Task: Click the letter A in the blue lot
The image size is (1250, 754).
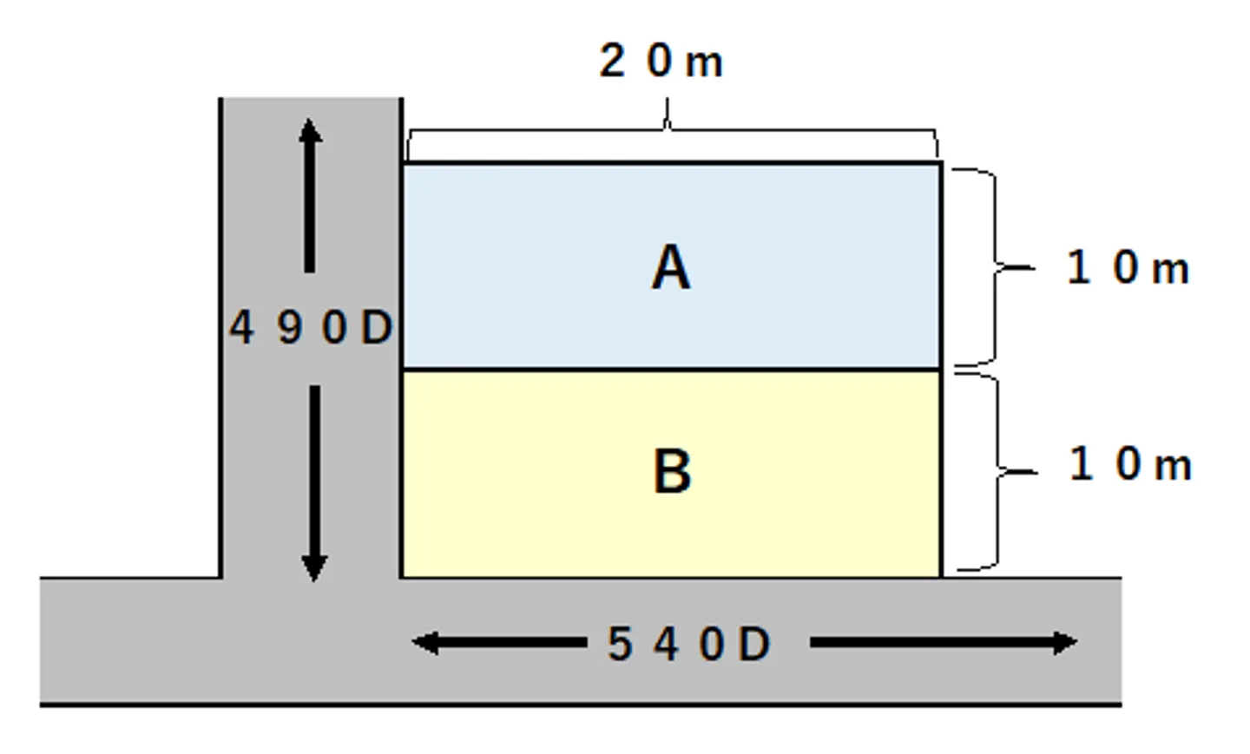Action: [671, 267]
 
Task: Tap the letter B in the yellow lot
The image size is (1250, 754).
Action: [672, 472]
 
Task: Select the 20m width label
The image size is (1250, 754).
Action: [661, 62]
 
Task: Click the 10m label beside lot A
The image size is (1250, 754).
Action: [1127, 267]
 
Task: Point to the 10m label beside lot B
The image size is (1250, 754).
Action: [1129, 464]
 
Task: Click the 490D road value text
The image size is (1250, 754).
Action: [311, 328]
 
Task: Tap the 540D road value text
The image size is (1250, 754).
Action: [688, 645]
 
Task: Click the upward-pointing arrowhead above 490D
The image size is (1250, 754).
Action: [310, 131]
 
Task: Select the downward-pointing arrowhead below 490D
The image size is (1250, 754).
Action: [314, 568]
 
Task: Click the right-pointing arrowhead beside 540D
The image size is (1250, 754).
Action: [1064, 643]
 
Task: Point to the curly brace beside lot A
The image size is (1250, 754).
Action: [994, 267]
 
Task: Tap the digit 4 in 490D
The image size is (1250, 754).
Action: [241, 328]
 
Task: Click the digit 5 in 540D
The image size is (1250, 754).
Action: [620, 645]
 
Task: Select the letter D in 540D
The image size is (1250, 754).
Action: [754, 645]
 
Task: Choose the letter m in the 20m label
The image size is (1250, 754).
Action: [704, 62]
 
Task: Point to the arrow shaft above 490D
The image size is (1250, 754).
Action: [310, 208]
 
